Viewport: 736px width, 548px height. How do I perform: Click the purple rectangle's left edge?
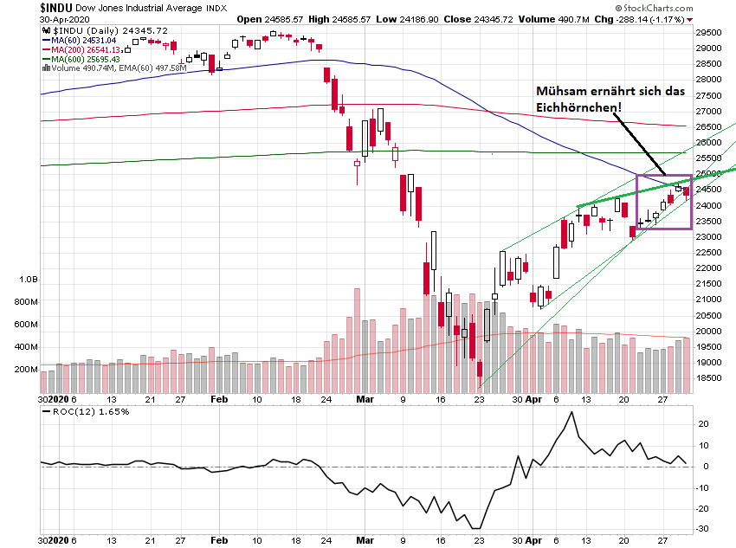[636, 202]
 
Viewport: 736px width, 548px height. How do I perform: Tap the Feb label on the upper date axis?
[218, 401]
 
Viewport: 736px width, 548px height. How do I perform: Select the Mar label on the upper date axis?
[364, 401]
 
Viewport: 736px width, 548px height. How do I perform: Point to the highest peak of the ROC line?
[571, 412]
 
